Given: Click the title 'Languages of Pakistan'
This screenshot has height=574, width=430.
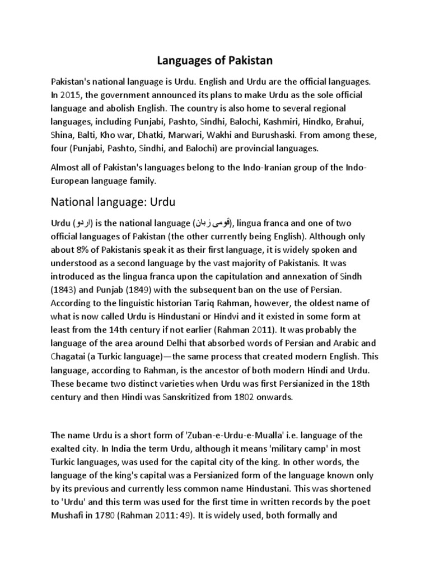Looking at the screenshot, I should tap(215, 59).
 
